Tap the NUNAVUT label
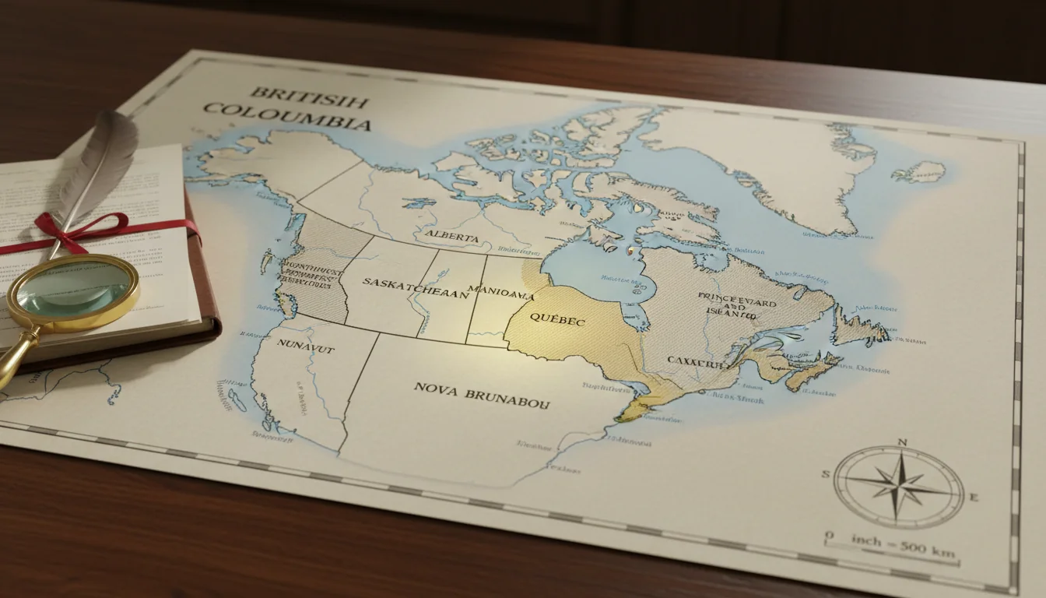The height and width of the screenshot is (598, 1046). (x=307, y=350)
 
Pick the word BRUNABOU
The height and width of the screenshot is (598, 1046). (x=507, y=393)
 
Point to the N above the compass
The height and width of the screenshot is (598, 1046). (x=902, y=442)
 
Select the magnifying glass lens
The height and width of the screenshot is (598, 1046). (x=74, y=289)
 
